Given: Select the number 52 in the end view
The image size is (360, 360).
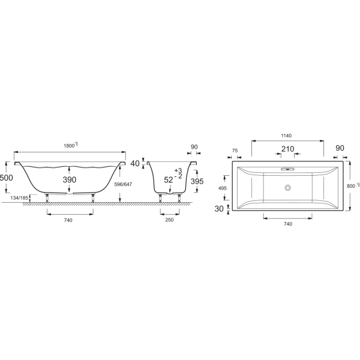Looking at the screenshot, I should tap(169, 179).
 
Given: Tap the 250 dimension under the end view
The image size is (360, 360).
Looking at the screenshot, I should tap(169, 221).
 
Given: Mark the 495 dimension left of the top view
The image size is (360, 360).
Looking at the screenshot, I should tap(223, 188).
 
